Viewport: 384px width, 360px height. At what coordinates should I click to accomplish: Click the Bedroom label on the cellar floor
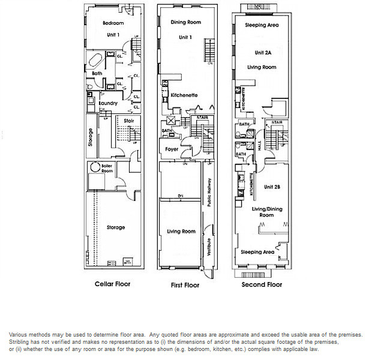point(113,23)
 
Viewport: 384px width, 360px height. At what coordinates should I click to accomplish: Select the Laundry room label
point(108,103)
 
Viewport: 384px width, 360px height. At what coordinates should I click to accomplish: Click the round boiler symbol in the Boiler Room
point(94,167)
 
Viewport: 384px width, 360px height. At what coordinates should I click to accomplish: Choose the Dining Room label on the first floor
point(186,23)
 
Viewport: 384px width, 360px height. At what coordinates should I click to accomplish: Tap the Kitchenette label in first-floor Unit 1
point(185,95)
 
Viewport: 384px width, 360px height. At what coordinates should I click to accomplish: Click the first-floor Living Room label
point(181,231)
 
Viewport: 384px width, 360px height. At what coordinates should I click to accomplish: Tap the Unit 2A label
point(263,52)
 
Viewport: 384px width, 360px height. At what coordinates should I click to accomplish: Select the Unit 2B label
point(272,187)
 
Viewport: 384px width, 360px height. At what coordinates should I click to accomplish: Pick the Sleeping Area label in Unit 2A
point(262,26)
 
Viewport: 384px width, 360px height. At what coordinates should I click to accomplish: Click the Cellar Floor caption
point(112,284)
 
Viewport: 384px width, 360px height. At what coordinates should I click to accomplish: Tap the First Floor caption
point(184,285)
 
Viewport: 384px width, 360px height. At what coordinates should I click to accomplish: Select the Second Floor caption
point(262,284)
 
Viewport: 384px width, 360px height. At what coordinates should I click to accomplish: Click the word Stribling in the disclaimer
point(20,342)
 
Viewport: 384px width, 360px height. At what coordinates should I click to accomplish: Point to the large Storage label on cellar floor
point(116,227)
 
